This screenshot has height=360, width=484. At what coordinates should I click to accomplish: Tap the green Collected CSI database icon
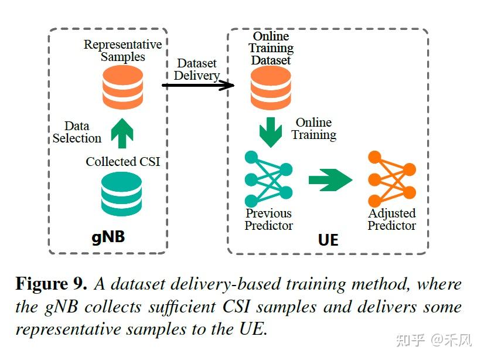[x=121, y=193]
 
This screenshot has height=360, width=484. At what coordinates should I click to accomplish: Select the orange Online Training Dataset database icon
[x=271, y=88]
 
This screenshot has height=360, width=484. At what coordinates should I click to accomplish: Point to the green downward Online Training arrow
[x=270, y=132]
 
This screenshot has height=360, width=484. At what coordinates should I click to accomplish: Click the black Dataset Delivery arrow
[x=197, y=86]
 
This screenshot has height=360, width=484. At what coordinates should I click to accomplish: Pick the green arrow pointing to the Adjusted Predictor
[x=330, y=180]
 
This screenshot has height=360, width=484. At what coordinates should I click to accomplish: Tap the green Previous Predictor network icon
[x=268, y=179]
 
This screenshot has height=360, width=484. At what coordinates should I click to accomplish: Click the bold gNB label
[x=108, y=237]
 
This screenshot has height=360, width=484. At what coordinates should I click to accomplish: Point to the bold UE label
[x=328, y=240]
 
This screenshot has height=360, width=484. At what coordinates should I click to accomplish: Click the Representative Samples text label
[x=122, y=50]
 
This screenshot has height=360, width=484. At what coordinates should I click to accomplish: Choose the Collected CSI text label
[x=122, y=162]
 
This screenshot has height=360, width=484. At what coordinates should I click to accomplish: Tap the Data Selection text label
[x=77, y=133]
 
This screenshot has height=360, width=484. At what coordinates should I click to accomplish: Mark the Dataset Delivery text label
[x=197, y=69]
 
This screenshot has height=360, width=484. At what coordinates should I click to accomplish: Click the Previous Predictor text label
[x=269, y=219]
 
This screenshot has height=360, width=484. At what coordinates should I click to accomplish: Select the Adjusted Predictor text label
[x=392, y=219]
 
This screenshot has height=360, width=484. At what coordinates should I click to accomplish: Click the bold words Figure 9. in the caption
[x=52, y=284]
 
